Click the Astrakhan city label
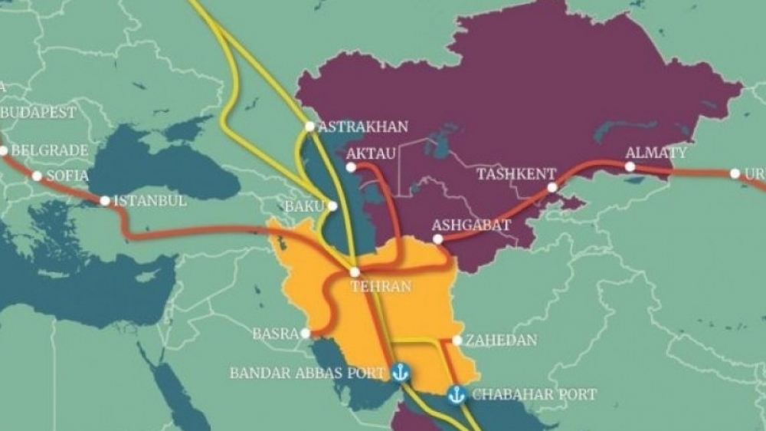click(362, 127)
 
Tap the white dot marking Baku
click(332, 206)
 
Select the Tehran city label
click(381, 286)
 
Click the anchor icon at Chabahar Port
click(457, 395)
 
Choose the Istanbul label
click(149, 201)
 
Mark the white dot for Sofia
click(36, 176)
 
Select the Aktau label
click(372, 154)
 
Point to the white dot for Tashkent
click(552, 187)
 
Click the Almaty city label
click(656, 153)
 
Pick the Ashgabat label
click(471, 225)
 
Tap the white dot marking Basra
click(306, 334)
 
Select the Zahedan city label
click(501, 340)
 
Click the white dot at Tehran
click(355, 272)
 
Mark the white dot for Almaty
click(630, 166)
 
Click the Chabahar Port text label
click(533, 394)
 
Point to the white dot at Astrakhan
click(309, 127)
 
